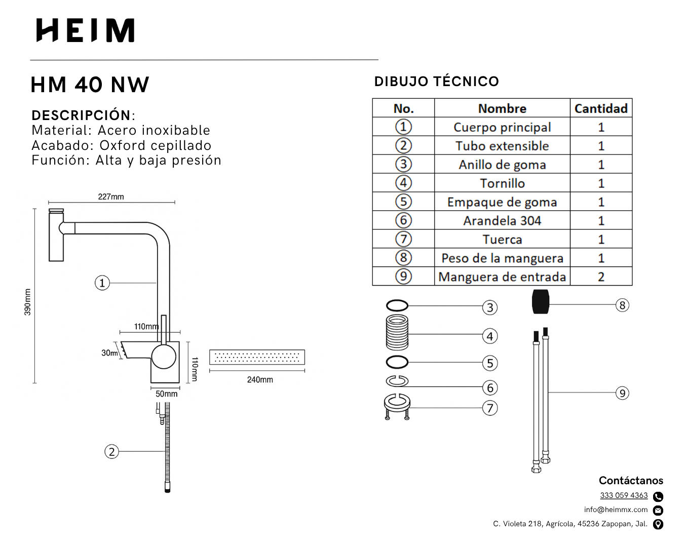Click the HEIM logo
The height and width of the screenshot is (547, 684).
click(x=85, y=30)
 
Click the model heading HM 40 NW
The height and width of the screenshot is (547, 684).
click(x=90, y=85)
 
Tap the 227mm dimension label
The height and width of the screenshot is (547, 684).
click(x=111, y=197)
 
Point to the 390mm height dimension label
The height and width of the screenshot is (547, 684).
click(x=27, y=302)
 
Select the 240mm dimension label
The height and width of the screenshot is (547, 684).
click(x=260, y=379)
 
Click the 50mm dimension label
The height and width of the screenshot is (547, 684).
click(x=166, y=394)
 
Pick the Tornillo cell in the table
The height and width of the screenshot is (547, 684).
click(x=502, y=183)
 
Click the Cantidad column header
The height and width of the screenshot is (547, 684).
click(x=601, y=108)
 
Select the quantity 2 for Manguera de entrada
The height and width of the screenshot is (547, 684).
click(x=601, y=277)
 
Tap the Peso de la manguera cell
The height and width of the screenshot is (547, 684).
click(x=502, y=258)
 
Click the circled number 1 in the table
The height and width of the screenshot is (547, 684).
click(x=403, y=127)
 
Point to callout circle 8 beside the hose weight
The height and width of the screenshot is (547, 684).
click(x=622, y=305)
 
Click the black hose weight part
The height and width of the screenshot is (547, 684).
click(x=541, y=302)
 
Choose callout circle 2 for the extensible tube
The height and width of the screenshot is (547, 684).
click(x=111, y=451)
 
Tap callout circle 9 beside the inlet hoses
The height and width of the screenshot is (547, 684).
click(x=622, y=393)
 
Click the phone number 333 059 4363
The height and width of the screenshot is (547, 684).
click(x=624, y=495)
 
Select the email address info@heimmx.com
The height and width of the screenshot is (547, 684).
click(x=616, y=510)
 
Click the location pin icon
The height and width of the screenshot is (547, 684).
click(x=658, y=524)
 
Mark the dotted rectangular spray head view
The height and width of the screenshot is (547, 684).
click(x=257, y=357)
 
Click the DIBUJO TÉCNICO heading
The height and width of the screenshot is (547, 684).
click(x=436, y=82)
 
